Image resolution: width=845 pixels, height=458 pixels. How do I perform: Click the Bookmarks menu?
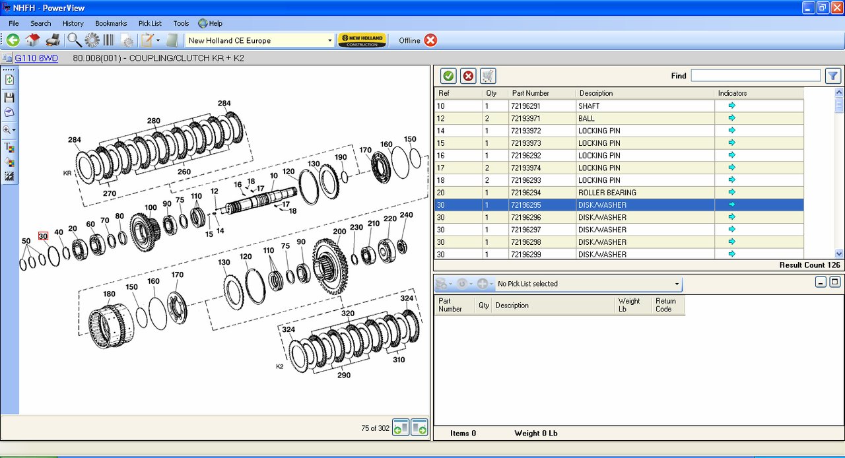(111, 23)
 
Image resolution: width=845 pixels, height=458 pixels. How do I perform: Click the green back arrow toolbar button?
(13, 40)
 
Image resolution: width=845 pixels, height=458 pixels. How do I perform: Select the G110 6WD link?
(36, 58)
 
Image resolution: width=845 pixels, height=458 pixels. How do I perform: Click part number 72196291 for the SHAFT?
(525, 106)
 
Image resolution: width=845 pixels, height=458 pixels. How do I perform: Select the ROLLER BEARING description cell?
(607, 193)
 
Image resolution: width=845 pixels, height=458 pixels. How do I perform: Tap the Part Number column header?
(530, 93)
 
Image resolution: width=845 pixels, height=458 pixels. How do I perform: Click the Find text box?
(756, 75)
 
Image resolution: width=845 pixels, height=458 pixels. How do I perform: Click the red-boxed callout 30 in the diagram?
(43, 236)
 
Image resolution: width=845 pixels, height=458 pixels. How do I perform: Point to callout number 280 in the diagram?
(154, 121)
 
